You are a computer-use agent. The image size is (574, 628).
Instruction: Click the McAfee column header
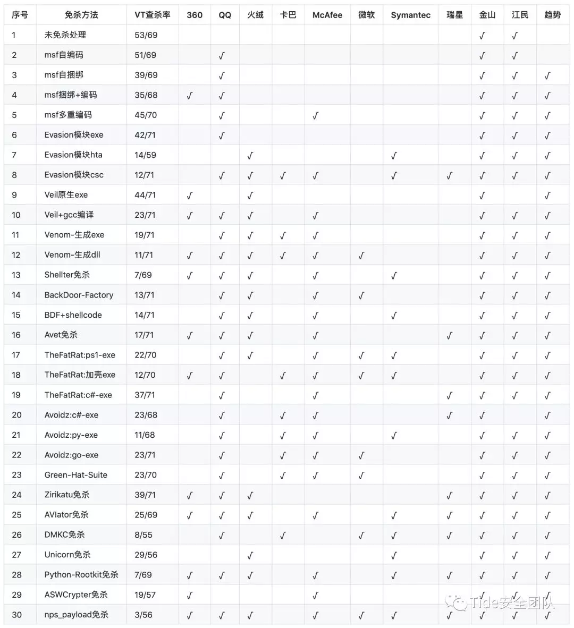327,15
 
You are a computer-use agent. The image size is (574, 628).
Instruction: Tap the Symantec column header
410,15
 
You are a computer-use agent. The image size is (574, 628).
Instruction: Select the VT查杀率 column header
153,15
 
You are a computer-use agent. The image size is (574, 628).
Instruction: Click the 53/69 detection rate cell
146,35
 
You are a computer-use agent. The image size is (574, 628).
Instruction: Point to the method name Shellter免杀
67,275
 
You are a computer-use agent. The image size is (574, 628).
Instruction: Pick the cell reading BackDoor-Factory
79,295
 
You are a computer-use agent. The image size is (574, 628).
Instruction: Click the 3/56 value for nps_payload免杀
143,615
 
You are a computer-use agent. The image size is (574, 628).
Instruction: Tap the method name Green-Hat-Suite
75,475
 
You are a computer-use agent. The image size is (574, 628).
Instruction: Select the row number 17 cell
16,355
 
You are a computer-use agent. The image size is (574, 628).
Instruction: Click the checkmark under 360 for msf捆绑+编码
190,96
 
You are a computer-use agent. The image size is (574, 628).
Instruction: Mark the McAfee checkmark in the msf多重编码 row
315,115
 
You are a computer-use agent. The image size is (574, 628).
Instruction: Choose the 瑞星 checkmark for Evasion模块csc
449,175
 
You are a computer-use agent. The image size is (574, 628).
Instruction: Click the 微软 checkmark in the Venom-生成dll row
361,256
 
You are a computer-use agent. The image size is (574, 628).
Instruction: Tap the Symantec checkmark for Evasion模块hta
394,156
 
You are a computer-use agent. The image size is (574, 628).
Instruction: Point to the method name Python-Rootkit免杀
81,575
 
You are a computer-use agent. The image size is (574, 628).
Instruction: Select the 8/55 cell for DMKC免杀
143,535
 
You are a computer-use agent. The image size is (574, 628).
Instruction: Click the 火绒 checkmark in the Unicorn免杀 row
250,555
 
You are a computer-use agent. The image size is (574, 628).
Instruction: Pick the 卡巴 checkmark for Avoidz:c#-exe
283,415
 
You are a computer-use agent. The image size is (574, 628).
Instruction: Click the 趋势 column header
552,15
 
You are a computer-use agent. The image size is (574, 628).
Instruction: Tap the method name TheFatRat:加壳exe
80,375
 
